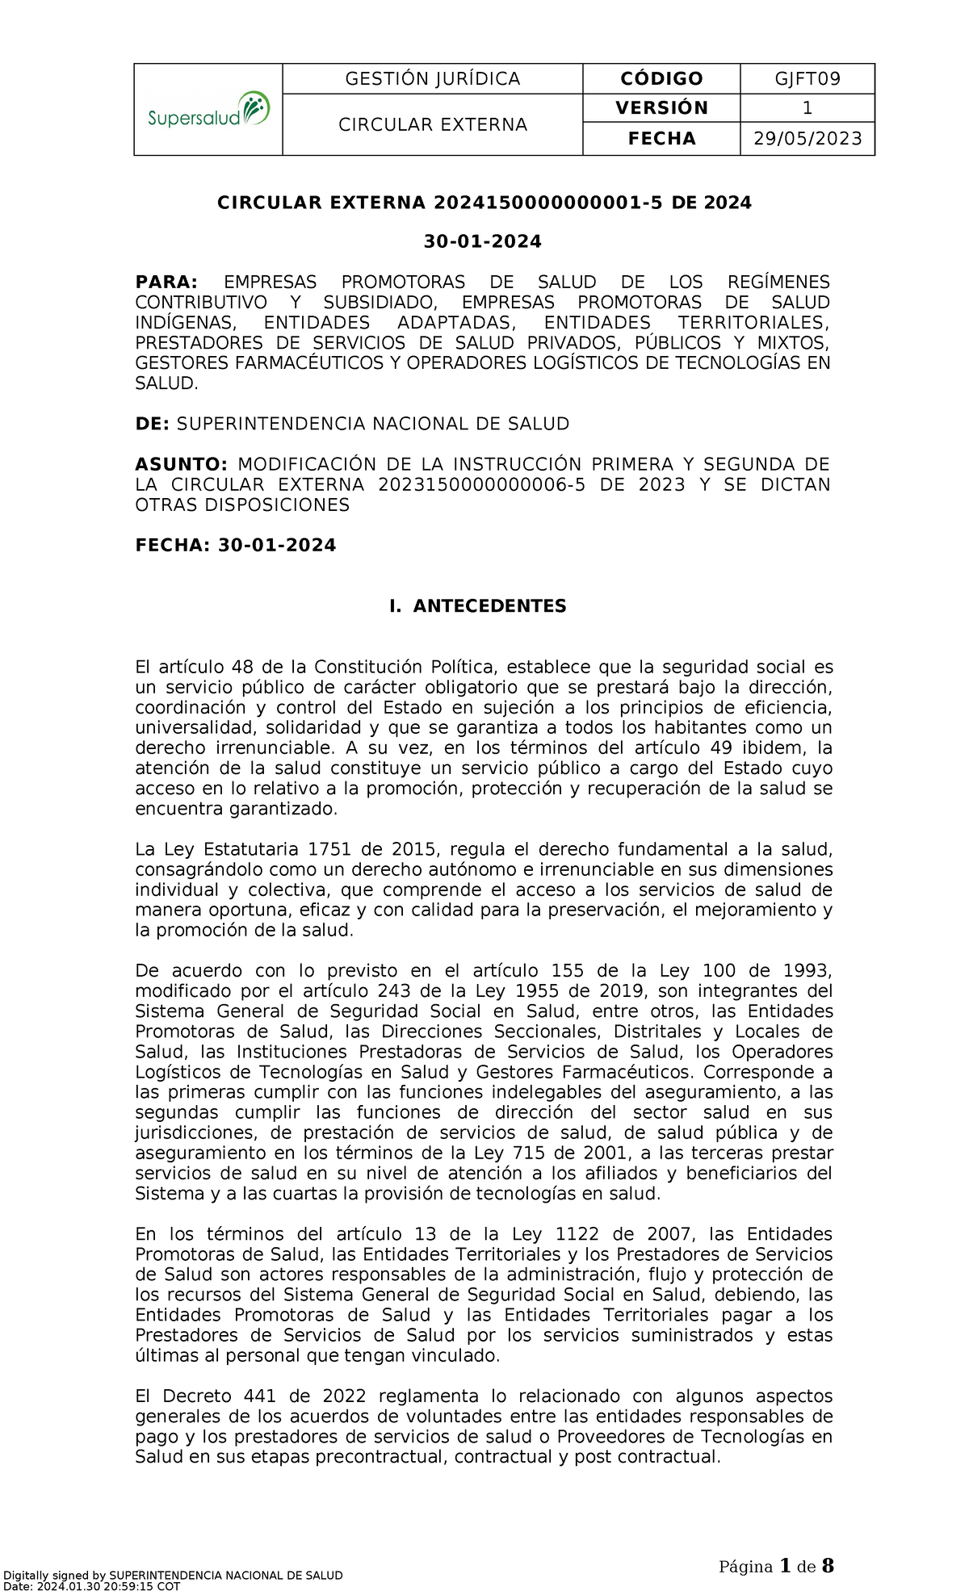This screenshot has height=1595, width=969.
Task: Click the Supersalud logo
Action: [x=208, y=110]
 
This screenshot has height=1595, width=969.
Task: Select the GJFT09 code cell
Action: [x=807, y=78]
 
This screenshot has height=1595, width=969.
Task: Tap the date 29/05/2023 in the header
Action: [x=807, y=139]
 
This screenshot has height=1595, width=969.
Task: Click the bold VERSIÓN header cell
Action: [x=661, y=108]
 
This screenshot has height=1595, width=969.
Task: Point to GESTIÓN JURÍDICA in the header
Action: [x=432, y=78]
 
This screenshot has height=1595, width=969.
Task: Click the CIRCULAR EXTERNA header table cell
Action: [x=432, y=124]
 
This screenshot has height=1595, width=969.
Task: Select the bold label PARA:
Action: [x=166, y=282]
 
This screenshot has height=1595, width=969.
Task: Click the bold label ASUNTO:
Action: [x=182, y=464]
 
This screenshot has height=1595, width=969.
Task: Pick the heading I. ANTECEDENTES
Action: [x=477, y=606]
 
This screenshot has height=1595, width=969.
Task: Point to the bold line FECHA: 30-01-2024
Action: [x=235, y=546]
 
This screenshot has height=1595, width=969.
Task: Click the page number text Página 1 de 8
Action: [x=776, y=1567]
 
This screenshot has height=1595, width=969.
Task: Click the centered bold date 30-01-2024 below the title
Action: [x=483, y=241]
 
